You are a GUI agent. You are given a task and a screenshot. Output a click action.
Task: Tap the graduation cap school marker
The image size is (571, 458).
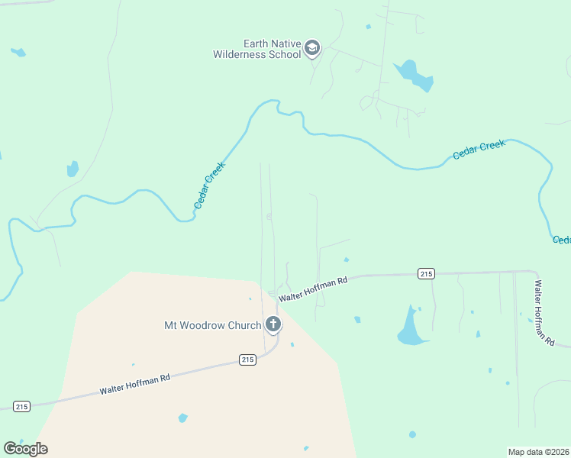[x=311, y=49]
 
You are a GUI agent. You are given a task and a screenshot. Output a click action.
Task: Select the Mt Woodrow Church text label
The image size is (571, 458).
[x=213, y=326]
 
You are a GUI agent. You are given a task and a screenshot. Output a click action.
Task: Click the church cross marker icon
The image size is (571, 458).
[x=273, y=325]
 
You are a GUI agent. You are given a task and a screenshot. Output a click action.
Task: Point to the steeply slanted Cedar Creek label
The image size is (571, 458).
[x=210, y=185]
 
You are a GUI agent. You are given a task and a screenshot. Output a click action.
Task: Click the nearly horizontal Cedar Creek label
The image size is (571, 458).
[x=479, y=150]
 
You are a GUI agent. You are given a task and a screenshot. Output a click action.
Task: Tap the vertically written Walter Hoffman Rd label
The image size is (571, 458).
[x=544, y=314]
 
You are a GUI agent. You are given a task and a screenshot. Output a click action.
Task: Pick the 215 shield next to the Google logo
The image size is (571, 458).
[x=21, y=407]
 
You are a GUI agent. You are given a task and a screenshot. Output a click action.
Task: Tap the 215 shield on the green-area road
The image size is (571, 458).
[x=426, y=273]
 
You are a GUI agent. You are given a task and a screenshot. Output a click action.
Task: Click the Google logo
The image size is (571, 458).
[x=26, y=449]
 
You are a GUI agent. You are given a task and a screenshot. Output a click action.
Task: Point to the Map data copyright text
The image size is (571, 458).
[x=539, y=452]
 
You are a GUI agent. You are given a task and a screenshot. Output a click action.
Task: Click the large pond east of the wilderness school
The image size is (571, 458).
[x=412, y=75]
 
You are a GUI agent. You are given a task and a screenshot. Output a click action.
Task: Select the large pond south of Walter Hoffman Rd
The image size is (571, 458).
[x=412, y=329]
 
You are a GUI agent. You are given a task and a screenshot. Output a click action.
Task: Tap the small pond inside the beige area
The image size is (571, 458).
[x=182, y=418]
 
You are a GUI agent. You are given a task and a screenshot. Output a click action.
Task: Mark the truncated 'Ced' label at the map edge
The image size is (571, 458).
[x=561, y=240]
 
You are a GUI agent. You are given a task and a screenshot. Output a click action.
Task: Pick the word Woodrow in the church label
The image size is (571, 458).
[x=205, y=326]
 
